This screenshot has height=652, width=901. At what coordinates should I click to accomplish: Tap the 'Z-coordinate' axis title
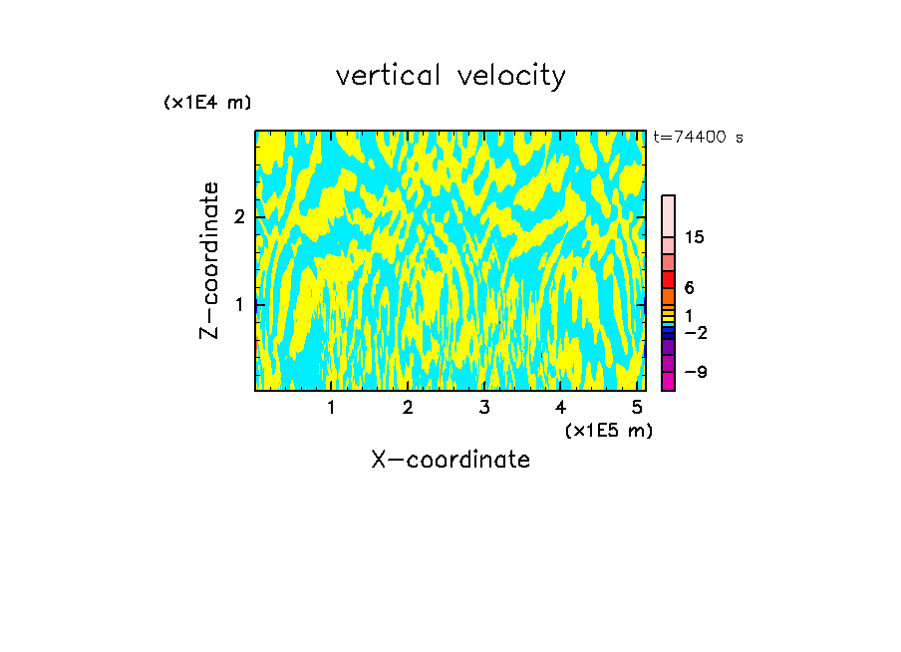[x=209, y=260]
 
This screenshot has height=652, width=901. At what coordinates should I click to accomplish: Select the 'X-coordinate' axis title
[x=450, y=460]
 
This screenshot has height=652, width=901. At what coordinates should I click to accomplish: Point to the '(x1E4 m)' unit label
[x=207, y=103]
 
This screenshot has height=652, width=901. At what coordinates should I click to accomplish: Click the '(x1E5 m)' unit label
[x=608, y=430]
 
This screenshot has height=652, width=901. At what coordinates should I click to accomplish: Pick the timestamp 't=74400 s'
[x=698, y=138]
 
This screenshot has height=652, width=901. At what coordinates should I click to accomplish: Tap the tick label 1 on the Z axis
[x=239, y=304]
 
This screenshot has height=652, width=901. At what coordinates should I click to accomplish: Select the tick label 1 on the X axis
[x=331, y=408]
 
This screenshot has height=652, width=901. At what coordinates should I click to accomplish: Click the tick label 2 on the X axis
[x=408, y=408]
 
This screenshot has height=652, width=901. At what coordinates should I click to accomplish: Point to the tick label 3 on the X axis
[x=484, y=408]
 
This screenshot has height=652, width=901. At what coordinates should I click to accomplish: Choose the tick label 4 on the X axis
[x=561, y=408]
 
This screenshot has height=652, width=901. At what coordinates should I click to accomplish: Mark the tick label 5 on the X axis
[x=638, y=408]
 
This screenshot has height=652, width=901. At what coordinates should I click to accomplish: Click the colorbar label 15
[x=696, y=237]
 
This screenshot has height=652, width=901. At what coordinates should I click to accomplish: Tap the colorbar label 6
[x=690, y=288]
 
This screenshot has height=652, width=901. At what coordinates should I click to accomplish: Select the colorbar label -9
[x=695, y=372]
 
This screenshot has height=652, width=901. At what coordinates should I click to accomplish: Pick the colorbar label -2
[x=695, y=332]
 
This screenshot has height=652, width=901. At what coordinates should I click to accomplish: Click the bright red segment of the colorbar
[x=668, y=279]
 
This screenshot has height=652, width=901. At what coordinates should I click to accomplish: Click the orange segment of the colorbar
[x=668, y=296]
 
